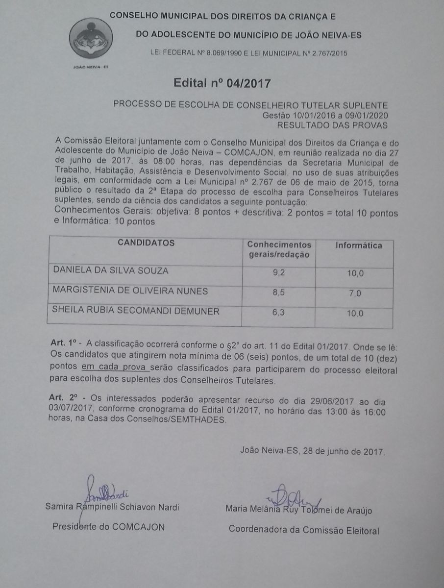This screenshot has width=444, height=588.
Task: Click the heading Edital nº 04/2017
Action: pyautogui.click(x=222, y=83)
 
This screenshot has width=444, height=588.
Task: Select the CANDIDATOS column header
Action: pyautogui.click(x=146, y=243)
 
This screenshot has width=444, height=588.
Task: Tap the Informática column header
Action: pyautogui.click(x=359, y=245)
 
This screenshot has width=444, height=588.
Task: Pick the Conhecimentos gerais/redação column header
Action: pyautogui.click(x=279, y=249)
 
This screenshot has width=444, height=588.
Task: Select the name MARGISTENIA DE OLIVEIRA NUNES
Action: pyautogui.click(x=130, y=291)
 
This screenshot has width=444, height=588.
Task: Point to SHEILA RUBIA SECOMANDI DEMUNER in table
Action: pyautogui.click(x=136, y=311)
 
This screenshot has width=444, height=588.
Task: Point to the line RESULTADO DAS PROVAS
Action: pyautogui.click(x=332, y=125)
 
